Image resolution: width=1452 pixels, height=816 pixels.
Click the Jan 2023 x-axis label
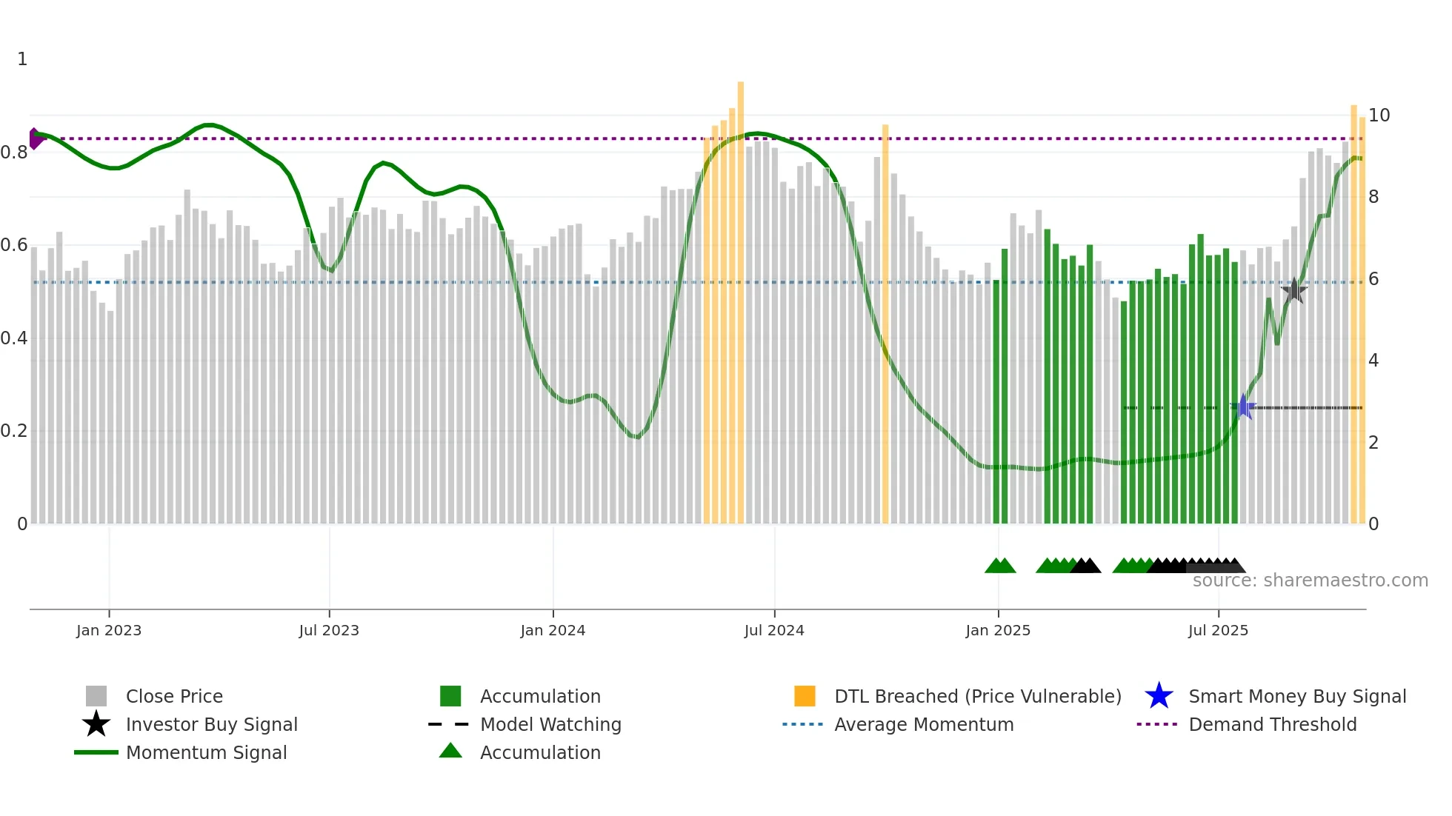tap(109, 630)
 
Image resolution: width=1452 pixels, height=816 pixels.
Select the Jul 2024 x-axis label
tap(774, 630)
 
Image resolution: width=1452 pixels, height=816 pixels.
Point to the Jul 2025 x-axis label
tap(1218, 630)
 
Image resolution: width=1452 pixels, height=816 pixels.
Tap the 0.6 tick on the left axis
tap(13, 245)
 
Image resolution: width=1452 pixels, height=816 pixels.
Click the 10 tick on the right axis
tap(1379, 116)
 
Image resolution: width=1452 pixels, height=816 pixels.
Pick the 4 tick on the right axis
tap(1373, 361)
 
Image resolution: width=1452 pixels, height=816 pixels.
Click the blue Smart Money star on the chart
tap(1244, 407)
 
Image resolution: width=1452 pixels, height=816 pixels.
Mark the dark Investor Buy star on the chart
tap(1293, 290)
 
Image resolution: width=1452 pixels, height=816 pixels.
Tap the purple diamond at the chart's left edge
tap(35, 138)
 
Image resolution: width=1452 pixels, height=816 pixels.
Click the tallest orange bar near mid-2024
tap(741, 296)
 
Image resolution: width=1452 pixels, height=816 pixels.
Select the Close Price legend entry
tap(174, 696)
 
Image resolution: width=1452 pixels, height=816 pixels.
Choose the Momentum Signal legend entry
tap(206, 752)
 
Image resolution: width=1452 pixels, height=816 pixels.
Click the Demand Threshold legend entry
tap(1272, 724)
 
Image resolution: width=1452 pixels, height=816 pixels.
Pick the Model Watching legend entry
tap(550, 724)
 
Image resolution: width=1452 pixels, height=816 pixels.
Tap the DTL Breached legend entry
tap(977, 696)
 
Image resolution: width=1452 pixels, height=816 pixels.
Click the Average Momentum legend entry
tap(923, 724)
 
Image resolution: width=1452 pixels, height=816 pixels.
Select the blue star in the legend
tap(1159, 696)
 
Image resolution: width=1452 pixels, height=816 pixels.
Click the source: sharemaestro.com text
tap(1310, 581)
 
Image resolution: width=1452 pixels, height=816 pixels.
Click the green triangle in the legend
tap(450, 751)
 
